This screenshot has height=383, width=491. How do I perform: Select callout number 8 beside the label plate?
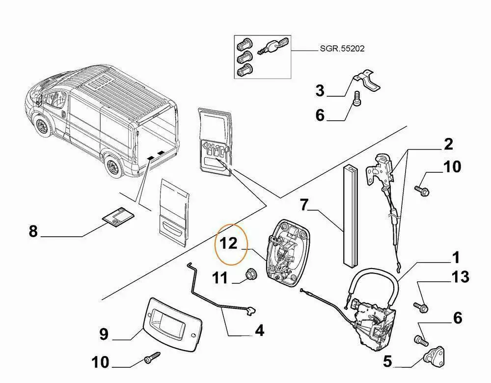point(33,231)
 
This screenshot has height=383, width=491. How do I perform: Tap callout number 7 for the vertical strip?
point(304,205)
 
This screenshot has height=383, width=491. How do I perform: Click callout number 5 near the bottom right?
point(387,362)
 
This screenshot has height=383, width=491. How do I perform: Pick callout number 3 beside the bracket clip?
point(320,91)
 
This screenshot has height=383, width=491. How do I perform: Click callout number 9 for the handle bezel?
point(103,334)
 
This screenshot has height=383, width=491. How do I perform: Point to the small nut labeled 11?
point(252,273)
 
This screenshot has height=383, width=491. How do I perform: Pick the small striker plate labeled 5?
point(433,355)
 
